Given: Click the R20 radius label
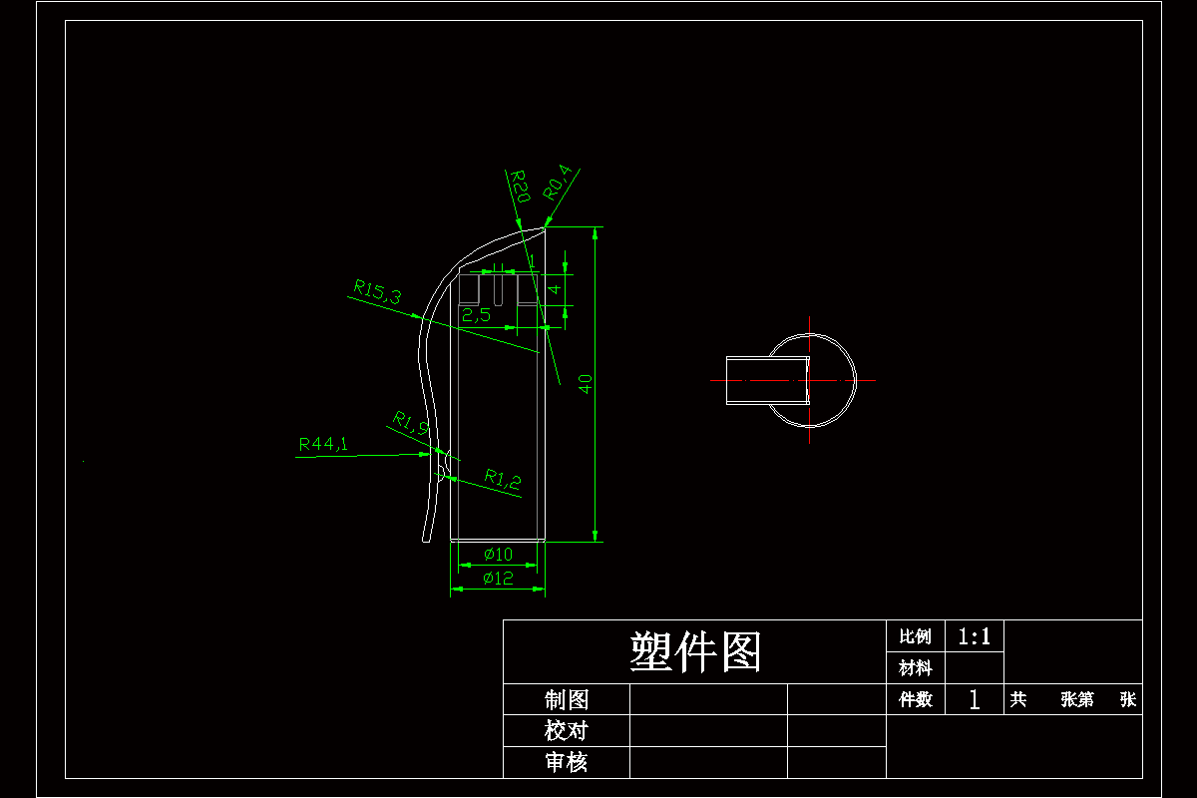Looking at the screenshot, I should (x=520, y=187).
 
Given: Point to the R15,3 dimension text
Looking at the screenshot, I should (x=377, y=291).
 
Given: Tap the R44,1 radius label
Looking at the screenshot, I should (x=323, y=444).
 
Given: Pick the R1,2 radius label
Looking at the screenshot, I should (x=503, y=479).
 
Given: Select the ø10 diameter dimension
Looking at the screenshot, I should (x=498, y=555).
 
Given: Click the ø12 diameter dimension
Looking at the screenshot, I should (x=498, y=579).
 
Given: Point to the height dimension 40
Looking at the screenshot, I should (x=587, y=384).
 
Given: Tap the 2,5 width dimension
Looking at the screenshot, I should (x=476, y=316).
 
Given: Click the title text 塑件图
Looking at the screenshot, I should (x=695, y=652).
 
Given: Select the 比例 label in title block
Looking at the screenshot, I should (x=915, y=636).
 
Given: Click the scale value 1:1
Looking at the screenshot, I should (x=975, y=636).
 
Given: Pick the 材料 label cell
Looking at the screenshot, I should (x=915, y=667).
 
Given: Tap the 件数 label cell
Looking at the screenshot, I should (x=915, y=699).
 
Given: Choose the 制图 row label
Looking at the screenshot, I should (x=566, y=699).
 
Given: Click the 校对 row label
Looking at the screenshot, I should (x=566, y=730).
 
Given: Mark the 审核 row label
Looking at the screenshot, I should (x=566, y=762).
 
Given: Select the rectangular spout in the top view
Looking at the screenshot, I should (x=766, y=380).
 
